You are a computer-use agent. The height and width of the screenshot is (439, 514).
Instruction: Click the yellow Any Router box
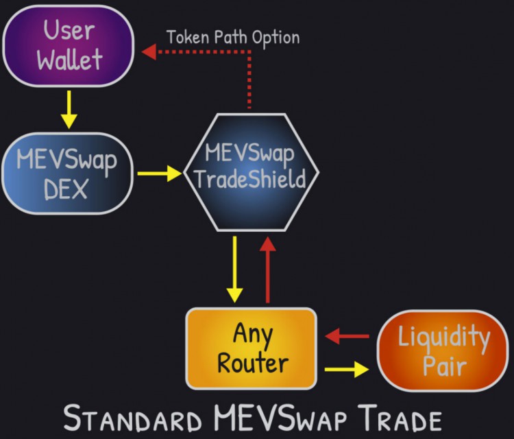252,348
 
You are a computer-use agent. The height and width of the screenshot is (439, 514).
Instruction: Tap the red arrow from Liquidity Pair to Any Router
347,336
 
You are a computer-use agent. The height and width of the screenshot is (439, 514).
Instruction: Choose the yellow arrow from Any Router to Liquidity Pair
347,369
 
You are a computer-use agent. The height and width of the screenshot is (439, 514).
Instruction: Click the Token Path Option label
233,36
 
